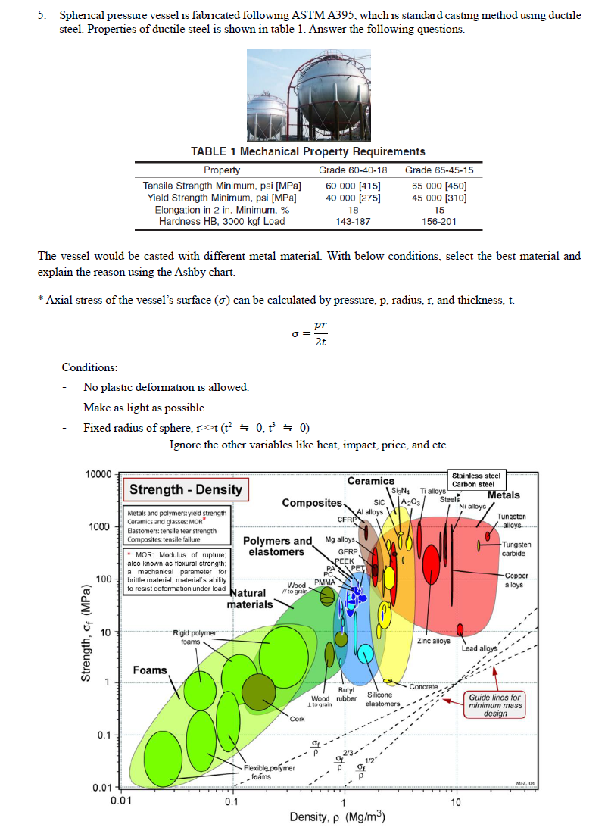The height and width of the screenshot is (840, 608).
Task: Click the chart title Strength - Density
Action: coord(186,489)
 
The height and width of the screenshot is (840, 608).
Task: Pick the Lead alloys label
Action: coord(480,648)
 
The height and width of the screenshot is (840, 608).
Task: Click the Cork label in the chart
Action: coord(296,718)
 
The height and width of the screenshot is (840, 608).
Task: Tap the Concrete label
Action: coord(425,686)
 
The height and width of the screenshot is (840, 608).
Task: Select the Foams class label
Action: coord(150,670)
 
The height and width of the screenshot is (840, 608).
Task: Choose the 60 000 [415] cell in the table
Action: coord(352,186)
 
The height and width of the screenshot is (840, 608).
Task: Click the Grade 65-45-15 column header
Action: coord(439,170)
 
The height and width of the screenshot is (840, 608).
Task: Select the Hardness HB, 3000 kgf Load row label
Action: coord(222,221)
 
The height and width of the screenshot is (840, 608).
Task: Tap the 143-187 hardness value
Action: coord(352,221)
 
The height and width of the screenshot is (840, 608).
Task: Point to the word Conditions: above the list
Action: coord(89,367)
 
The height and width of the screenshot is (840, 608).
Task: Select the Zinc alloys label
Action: coord(434,642)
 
